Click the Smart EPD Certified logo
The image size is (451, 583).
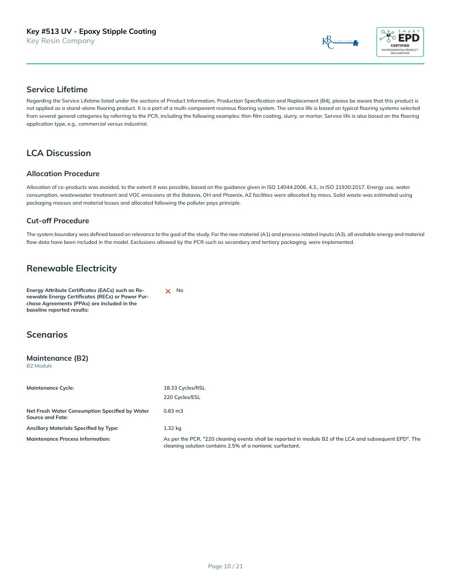(x=400, y=42)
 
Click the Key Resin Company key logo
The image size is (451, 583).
(x=340, y=42)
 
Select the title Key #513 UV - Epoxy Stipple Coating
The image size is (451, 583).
(x=91, y=31)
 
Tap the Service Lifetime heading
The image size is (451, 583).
(x=57, y=89)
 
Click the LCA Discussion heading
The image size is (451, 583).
(x=58, y=153)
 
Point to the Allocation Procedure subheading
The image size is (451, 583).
(x=63, y=174)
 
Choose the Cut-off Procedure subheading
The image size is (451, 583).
(x=58, y=221)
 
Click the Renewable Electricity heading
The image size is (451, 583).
(x=72, y=268)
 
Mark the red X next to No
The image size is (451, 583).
(x=168, y=291)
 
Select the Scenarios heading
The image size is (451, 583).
(x=47, y=335)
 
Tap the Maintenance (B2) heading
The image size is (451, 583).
(x=57, y=358)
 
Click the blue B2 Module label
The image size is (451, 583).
(x=39, y=366)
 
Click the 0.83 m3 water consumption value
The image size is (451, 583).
(x=173, y=411)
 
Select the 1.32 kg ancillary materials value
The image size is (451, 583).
(x=172, y=428)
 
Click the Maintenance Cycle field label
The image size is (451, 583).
(x=50, y=388)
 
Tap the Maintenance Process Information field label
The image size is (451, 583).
(x=68, y=439)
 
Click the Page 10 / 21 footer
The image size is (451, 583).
(x=225, y=566)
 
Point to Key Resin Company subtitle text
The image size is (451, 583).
(x=60, y=41)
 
